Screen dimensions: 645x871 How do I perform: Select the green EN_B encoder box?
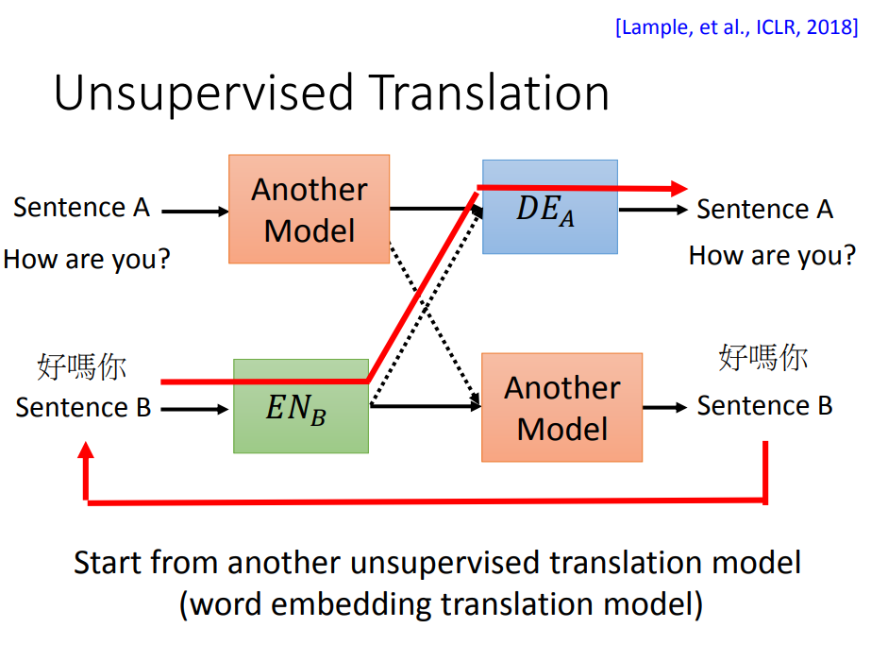pyautogui.click(x=300, y=406)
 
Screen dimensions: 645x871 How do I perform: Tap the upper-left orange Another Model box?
pyautogui.click(x=309, y=209)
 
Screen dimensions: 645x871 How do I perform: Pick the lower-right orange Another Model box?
pyautogui.click(x=561, y=407)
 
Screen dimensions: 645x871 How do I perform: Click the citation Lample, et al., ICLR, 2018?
pyautogui.click(x=736, y=26)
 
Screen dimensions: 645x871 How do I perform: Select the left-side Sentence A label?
pyautogui.click(x=81, y=208)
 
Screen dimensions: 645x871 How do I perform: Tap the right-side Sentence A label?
pyautogui.click(x=764, y=209)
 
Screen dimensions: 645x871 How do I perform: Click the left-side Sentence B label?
pyautogui.click(x=83, y=408)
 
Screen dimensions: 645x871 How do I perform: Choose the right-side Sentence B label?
pyautogui.click(x=764, y=406)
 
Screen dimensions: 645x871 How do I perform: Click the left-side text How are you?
pyautogui.click(x=86, y=258)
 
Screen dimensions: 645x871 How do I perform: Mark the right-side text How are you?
pyautogui.click(x=772, y=255)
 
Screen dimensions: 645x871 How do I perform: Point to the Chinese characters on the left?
pyautogui.click(x=82, y=366)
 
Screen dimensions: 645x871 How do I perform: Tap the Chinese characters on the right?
pyautogui.click(x=762, y=358)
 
